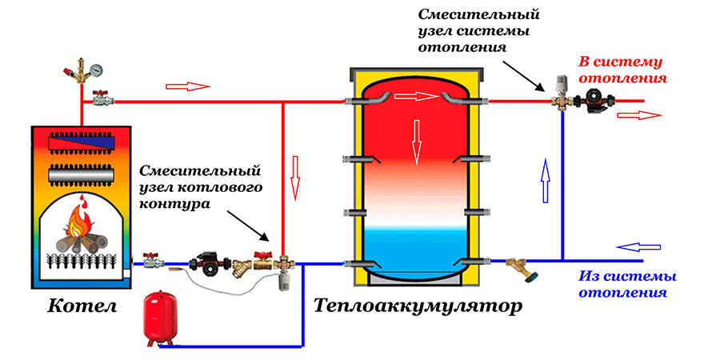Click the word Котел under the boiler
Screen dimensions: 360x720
click(x=82, y=306)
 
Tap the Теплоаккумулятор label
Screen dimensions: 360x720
click(x=417, y=306)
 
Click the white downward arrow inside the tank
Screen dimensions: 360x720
click(x=415, y=141)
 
